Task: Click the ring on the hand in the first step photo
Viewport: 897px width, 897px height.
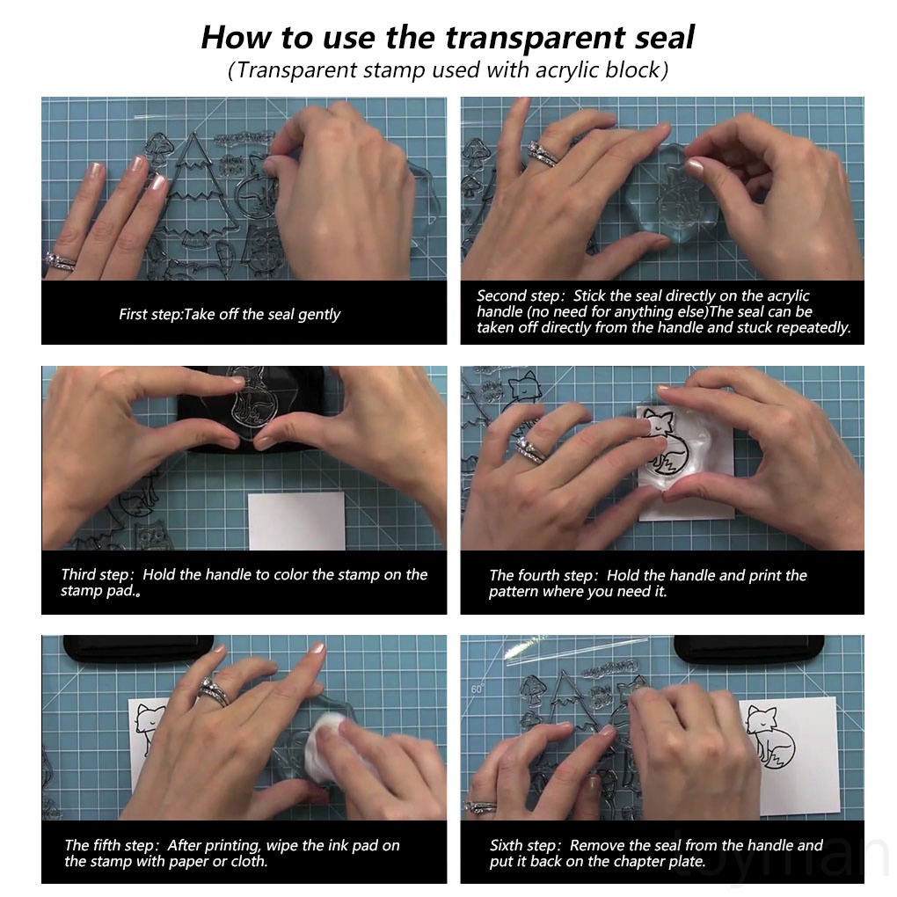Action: pos(59,261)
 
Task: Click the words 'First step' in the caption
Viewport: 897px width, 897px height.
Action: pos(149,315)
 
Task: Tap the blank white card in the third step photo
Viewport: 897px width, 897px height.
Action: pos(297,521)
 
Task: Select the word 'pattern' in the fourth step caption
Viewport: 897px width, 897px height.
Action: pos(514,592)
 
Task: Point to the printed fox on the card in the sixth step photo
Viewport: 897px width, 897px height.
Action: pos(770,737)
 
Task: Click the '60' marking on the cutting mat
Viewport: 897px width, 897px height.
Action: pos(478,689)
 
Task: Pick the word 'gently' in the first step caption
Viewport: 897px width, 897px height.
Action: pos(319,315)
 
